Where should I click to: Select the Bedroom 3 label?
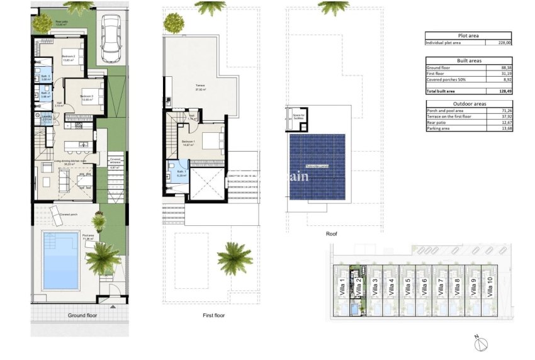[x=86, y=96]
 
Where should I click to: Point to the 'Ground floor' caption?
[x=82, y=315]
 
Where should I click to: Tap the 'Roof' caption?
[x=332, y=233]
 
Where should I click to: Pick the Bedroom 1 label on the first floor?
[x=188, y=142]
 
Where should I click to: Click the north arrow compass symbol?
[x=481, y=342]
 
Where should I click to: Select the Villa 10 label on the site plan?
[x=489, y=289]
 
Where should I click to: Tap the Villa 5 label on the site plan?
[x=408, y=289]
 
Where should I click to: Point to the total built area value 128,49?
[x=504, y=91]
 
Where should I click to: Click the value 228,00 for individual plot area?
[x=504, y=43]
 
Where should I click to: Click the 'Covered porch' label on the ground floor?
[x=69, y=215]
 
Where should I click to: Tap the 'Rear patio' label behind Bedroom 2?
[x=62, y=23]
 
